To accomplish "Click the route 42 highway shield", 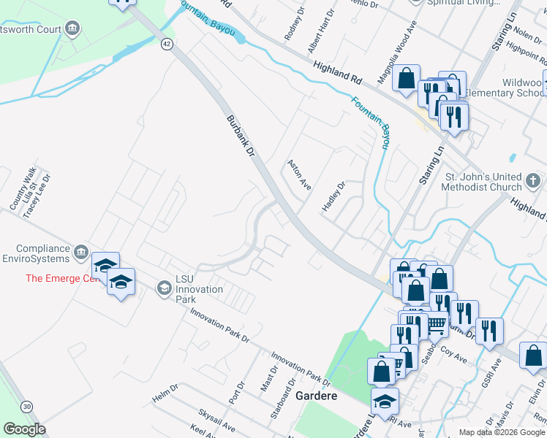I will pos(167,45).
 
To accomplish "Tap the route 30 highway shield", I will pos(27,406).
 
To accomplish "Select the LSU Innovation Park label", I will pos(199,289).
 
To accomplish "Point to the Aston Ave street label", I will pos(300,175).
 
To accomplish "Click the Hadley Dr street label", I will pos(333,197).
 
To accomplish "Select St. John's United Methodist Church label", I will pos(483,182).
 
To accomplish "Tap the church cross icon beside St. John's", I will pos(533,179).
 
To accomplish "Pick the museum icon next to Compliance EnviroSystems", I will pos(80,252).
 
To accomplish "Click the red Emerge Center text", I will pos(61,278).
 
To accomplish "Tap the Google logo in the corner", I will pos(24,429).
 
